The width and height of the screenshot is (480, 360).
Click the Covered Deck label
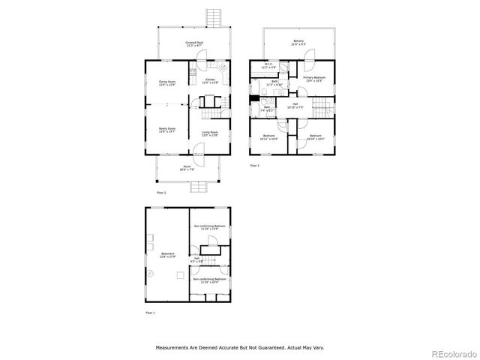(x=196, y=44)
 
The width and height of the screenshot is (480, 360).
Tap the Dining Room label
(x=167, y=83)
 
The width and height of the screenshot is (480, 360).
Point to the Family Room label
(x=166, y=130)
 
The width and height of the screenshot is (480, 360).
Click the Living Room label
(x=210, y=134)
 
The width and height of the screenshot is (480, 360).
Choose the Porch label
(x=187, y=168)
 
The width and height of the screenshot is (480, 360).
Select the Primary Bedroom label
(x=313, y=79)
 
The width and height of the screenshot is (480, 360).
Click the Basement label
(x=168, y=255)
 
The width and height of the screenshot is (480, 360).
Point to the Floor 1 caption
(x=150, y=312)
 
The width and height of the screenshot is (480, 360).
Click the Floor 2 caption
(x=161, y=193)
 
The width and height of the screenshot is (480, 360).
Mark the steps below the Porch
(x=197, y=187)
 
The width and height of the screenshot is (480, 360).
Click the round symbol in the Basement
(x=149, y=274)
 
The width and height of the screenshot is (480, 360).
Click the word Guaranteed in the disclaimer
(x=269, y=348)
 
